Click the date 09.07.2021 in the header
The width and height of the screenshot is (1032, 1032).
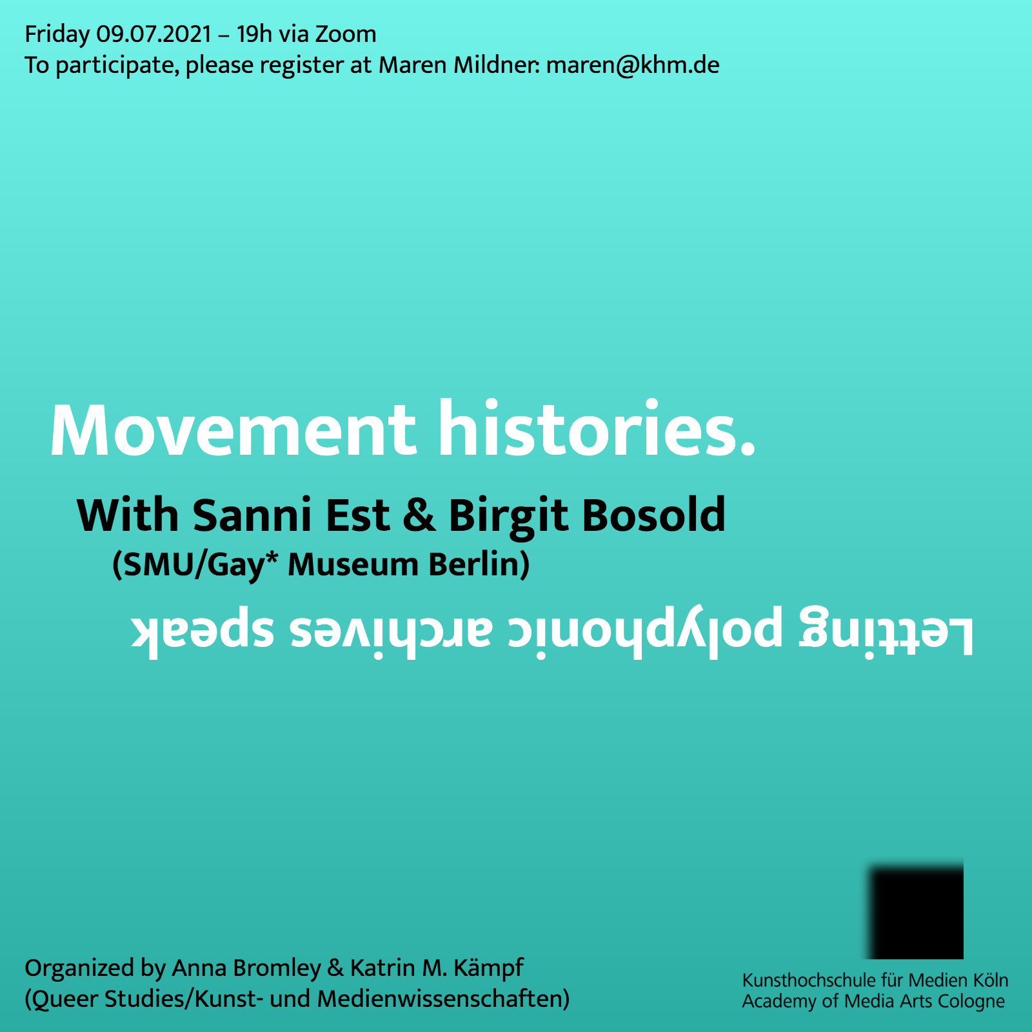[x=154, y=34]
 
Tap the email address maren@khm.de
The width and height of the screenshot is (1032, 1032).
[x=633, y=65]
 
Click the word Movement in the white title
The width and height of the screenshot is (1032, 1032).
[x=233, y=430]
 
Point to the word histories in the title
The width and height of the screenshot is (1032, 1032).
[x=597, y=428]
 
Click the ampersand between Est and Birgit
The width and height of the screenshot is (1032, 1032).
[x=419, y=516]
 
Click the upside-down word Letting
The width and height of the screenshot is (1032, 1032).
[x=886, y=631]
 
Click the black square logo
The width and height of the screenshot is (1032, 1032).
[x=917, y=911]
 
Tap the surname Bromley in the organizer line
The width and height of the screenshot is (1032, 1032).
[x=277, y=968]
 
